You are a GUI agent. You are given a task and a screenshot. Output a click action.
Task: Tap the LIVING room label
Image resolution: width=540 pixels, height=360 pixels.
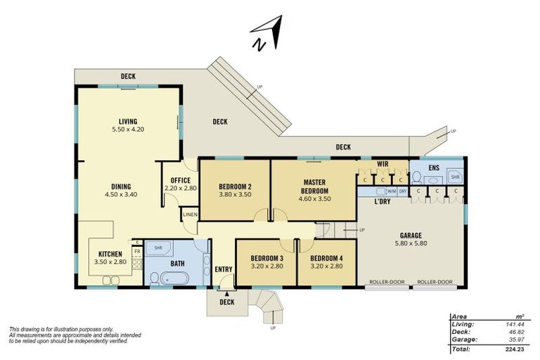point(128,121)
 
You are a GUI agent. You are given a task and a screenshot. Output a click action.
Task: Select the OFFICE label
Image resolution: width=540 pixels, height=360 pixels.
point(181,181)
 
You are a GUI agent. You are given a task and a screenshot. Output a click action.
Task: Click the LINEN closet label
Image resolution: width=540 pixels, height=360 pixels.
point(190,214)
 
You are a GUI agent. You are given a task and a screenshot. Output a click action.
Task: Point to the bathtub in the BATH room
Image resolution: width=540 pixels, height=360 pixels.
point(174,278)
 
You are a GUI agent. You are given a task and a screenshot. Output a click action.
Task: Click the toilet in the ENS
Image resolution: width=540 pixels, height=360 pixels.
point(417,177)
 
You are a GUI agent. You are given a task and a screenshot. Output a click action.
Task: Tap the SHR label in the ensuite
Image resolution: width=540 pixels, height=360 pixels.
point(456,177)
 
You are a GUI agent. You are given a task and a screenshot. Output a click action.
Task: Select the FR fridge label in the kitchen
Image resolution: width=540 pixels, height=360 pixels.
point(137,252)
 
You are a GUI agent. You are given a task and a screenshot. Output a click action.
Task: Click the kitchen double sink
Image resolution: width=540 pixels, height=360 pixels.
point(110,280)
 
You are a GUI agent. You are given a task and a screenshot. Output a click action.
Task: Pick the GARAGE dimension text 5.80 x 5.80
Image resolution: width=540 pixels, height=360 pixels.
point(411,243)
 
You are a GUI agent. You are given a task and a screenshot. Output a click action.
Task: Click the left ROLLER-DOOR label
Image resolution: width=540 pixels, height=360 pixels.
point(387,282)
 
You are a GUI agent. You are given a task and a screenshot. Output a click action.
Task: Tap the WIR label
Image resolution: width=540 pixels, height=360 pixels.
point(382,164)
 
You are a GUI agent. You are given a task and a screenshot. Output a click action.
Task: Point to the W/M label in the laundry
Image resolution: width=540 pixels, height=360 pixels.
point(392,191)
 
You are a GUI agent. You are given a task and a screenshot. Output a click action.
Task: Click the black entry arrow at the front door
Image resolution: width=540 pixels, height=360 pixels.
point(227,294)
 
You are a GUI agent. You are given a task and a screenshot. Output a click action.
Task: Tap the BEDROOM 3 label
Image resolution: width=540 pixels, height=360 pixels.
point(267,258)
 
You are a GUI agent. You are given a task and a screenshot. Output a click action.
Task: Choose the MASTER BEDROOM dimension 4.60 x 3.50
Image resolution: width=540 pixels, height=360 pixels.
point(315,199)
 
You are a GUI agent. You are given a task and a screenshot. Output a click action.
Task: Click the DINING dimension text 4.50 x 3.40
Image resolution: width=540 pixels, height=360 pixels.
point(121,195)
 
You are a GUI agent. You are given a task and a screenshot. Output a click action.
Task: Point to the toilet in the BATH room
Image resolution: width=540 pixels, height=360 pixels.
point(154,278)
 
